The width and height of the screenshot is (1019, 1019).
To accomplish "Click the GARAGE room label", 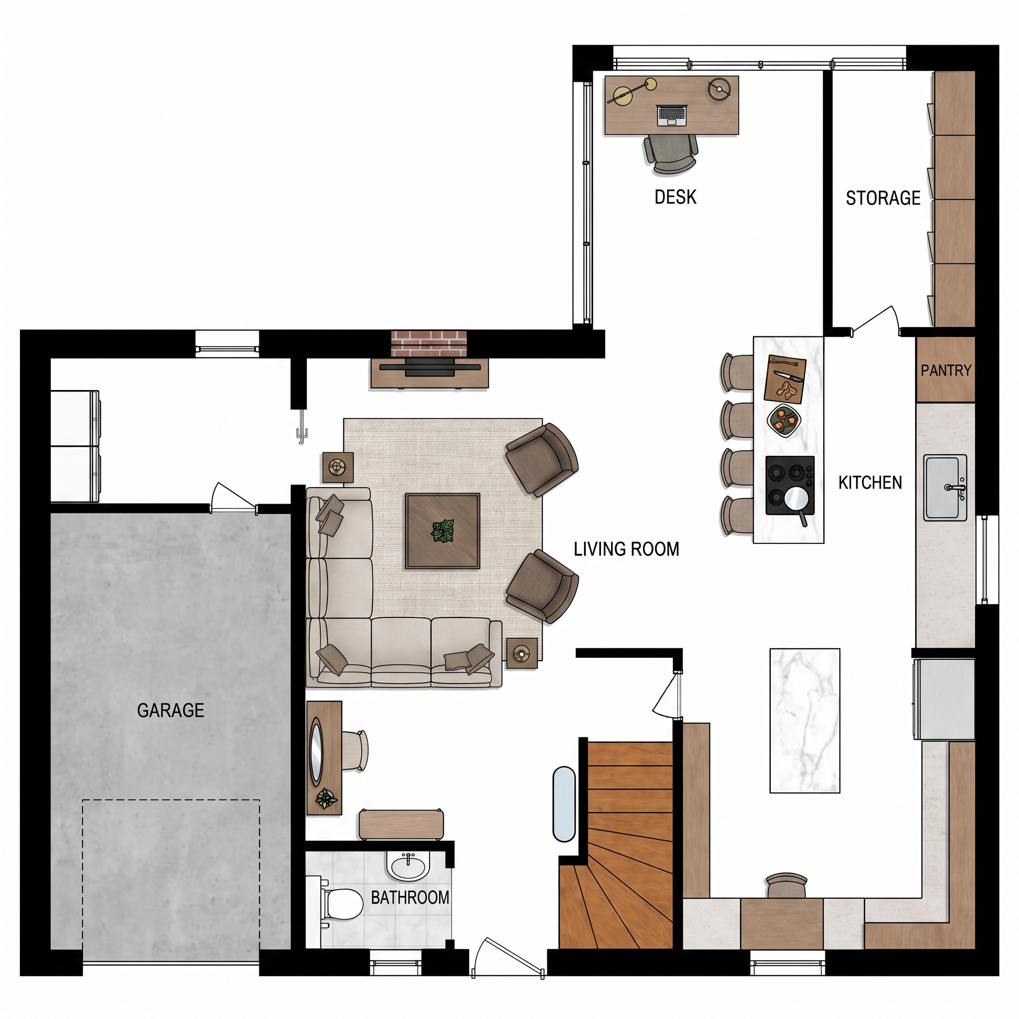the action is click(x=170, y=711).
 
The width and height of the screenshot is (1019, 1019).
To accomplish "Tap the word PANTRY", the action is click(x=946, y=370).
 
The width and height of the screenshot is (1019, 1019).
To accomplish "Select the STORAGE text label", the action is click(x=883, y=198).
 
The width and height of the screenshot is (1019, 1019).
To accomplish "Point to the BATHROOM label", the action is click(x=410, y=897).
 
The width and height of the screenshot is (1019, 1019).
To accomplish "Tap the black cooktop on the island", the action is click(x=790, y=485).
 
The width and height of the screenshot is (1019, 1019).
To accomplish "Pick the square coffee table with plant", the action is click(x=442, y=531).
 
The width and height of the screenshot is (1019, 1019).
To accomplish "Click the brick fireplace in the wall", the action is click(x=429, y=344).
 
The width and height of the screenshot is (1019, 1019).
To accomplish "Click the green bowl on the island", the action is click(x=784, y=420).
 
